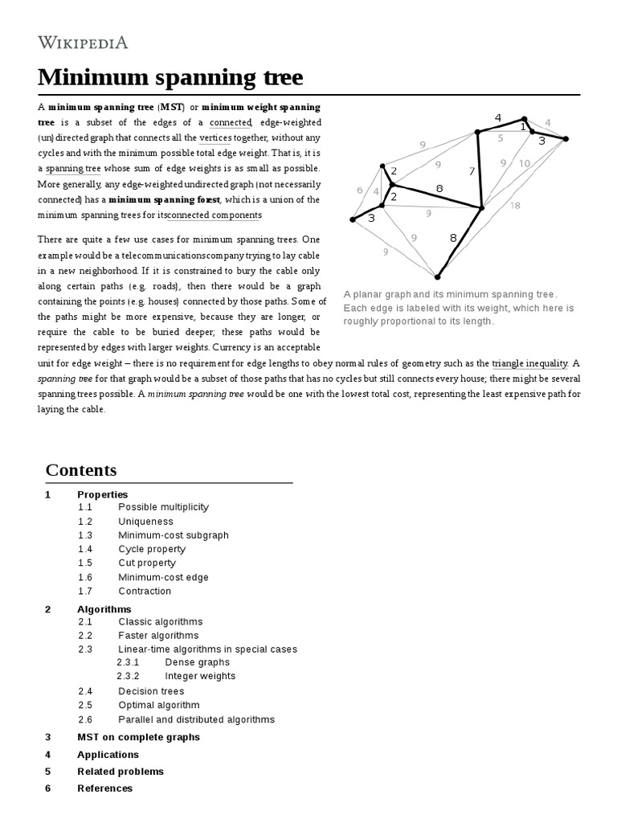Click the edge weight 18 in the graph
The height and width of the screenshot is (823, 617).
point(515,206)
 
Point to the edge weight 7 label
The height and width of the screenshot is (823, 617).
point(472,171)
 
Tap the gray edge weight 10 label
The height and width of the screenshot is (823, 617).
point(524,163)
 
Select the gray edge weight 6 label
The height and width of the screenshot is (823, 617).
point(360,190)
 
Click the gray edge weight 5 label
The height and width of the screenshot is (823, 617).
point(500,138)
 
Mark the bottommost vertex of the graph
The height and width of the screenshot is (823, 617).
point(437,276)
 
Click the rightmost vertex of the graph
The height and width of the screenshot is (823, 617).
point(565,139)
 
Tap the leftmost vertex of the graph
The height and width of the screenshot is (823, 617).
point(353,219)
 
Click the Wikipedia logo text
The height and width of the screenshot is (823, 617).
point(83,43)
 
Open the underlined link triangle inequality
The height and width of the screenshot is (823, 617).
point(529,363)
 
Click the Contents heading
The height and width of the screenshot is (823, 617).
point(81,470)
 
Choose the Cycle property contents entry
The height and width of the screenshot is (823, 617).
point(152,549)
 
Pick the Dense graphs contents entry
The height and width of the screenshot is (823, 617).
point(197,662)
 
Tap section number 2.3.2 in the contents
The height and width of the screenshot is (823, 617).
point(128,676)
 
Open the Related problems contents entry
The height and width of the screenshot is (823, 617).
point(120,772)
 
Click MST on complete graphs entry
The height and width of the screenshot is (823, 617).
point(138,737)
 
